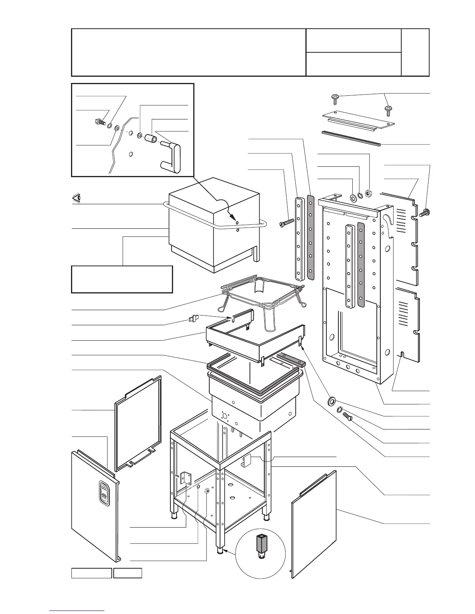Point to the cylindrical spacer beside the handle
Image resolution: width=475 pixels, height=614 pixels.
(x=151, y=138)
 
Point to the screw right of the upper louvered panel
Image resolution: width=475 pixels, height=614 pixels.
(x=426, y=212)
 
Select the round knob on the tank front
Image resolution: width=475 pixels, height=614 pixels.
(x=224, y=416)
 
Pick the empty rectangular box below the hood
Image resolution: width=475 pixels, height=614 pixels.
(x=122, y=279)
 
